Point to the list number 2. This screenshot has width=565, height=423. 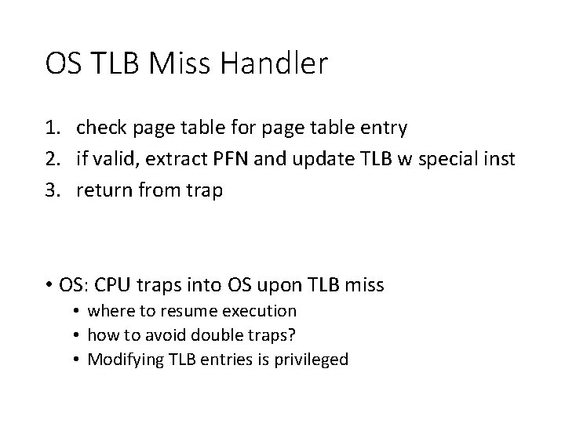(x=53, y=160)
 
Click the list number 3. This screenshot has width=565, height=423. (x=53, y=190)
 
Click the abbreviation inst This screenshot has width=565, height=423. (x=500, y=160)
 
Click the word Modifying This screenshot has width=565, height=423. (x=122, y=360)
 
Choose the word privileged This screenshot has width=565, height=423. (x=309, y=360)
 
